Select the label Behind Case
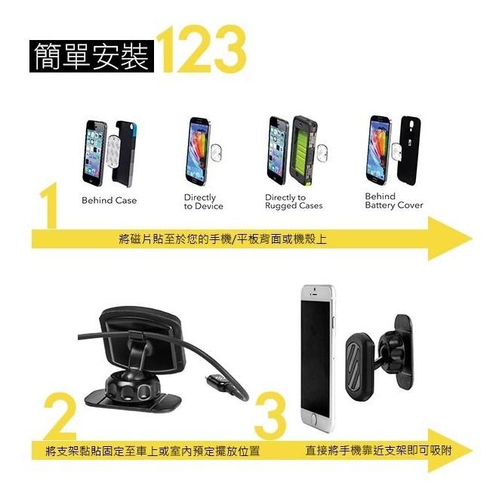click(x=109, y=201)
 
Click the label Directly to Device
click(x=203, y=202)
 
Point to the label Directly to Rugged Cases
click(x=293, y=202)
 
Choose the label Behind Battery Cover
click(x=393, y=201)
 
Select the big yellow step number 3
click(x=270, y=416)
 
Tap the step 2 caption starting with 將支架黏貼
click(x=152, y=451)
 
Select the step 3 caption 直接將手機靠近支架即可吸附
click(x=378, y=451)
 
